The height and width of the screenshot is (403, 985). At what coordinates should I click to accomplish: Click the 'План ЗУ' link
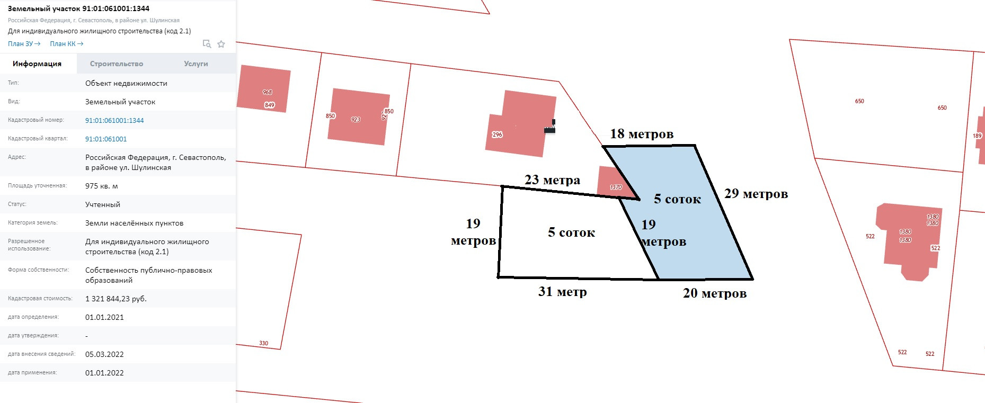pyautogui.click(x=24, y=44)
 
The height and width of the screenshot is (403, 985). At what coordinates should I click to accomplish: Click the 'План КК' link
pyautogui.click(x=66, y=44)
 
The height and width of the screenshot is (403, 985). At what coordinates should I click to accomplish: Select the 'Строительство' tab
pyautogui.click(x=117, y=64)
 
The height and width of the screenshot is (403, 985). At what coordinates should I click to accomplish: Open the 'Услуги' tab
pyautogui.click(x=196, y=64)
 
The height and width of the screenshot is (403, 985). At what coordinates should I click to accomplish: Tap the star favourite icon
pyautogui.click(x=221, y=44)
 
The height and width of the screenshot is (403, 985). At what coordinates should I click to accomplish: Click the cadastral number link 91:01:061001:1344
pyautogui.click(x=114, y=120)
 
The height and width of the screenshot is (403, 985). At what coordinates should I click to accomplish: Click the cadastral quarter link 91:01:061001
pyautogui.click(x=106, y=139)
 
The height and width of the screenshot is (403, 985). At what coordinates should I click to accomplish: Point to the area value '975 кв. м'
pyautogui.click(x=102, y=186)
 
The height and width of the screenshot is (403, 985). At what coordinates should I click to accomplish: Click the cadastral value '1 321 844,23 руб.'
pyautogui.click(x=116, y=299)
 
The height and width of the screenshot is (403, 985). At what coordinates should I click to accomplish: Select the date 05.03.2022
pyautogui.click(x=104, y=354)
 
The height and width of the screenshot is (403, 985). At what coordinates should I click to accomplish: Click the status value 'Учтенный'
pyautogui.click(x=103, y=204)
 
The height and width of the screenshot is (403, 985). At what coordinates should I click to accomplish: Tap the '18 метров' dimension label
pyautogui.click(x=642, y=134)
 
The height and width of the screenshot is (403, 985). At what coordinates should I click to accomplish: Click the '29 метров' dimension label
pyautogui.click(x=756, y=194)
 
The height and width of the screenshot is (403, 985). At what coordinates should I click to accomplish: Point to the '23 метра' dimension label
pyautogui.click(x=552, y=180)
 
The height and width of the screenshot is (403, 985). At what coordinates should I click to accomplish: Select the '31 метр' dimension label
pyautogui.click(x=563, y=291)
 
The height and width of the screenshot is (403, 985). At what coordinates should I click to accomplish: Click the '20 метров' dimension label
pyautogui.click(x=715, y=293)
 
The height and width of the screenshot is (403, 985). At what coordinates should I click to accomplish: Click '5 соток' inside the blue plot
pyautogui.click(x=677, y=199)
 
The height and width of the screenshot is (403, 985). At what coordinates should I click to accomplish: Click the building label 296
pyautogui.click(x=497, y=135)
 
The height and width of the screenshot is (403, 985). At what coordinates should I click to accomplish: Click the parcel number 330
pyautogui.click(x=264, y=343)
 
